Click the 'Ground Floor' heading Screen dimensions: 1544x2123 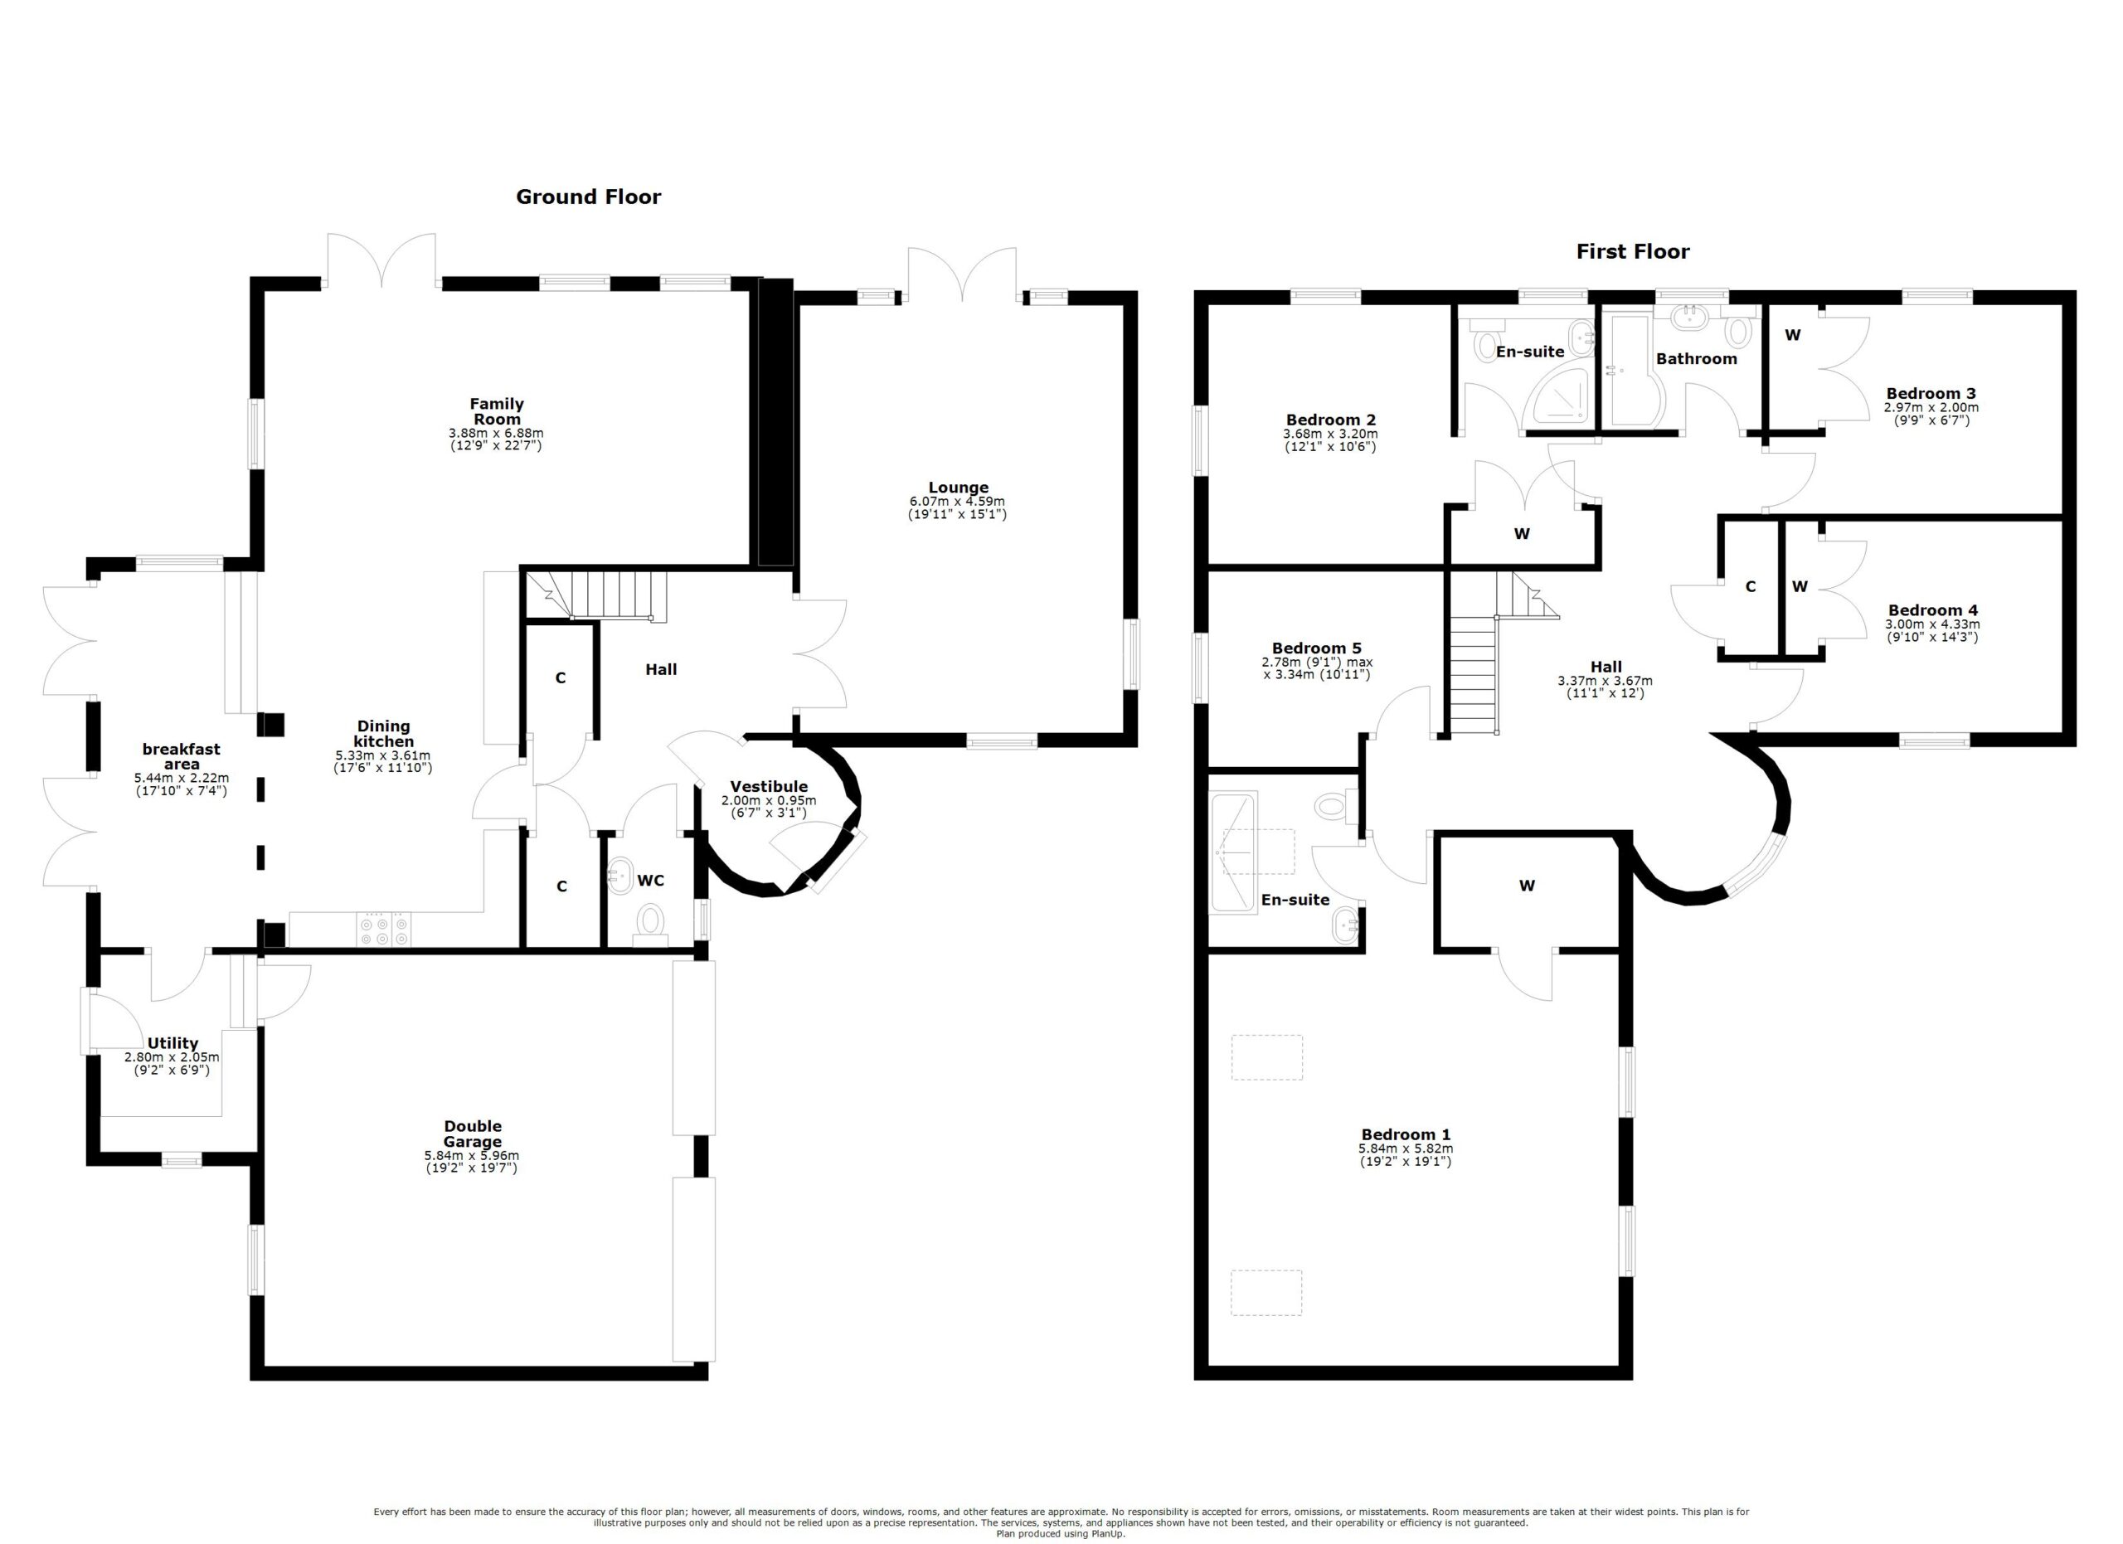coord(588,197)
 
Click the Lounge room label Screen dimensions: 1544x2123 coord(958,487)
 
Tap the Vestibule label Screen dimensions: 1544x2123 coord(769,786)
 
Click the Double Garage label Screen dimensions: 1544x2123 coord(472,1134)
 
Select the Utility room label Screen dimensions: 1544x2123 coord(172,1042)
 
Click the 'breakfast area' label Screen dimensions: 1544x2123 coord(181,756)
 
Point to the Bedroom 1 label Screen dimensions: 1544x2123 coord(1405,1134)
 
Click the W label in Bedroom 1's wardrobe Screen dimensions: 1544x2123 coord(1527,886)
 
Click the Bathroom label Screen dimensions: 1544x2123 coord(1696,358)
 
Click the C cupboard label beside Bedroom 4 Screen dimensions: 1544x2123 coord(1750,587)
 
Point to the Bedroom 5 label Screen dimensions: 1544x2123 coord(1316,648)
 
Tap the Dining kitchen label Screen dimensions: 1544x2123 coord(383,734)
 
